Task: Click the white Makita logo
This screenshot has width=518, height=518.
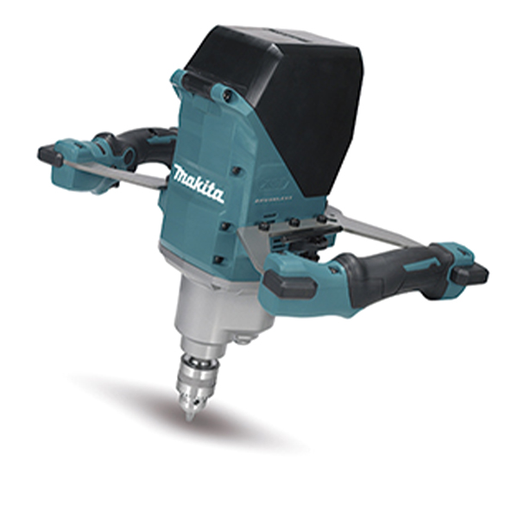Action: pos(198,182)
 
